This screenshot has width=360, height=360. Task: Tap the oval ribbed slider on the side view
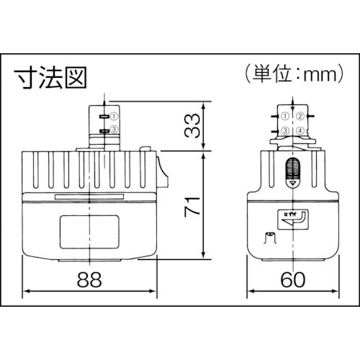[x=292, y=170]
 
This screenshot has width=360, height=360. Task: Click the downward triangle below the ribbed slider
[x=292, y=185]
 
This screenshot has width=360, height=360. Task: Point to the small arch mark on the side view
[x=270, y=238]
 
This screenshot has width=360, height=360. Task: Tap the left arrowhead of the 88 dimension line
[x=27, y=291]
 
